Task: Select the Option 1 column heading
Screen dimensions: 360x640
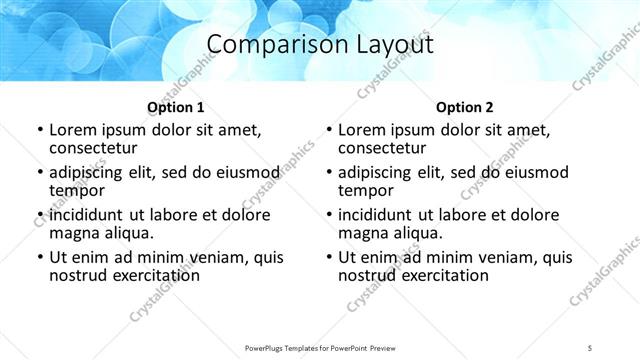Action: [x=176, y=106]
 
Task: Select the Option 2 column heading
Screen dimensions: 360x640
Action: [x=465, y=106]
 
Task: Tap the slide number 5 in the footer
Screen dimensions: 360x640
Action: [x=591, y=346]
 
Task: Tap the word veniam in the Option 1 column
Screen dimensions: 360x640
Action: [x=222, y=257]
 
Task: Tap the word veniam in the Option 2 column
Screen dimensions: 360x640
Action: [x=511, y=257]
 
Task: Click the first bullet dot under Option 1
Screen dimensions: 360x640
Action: [x=39, y=131]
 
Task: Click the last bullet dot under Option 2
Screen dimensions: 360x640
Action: [x=328, y=258]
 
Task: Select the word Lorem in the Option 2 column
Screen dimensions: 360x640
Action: [x=362, y=130]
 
